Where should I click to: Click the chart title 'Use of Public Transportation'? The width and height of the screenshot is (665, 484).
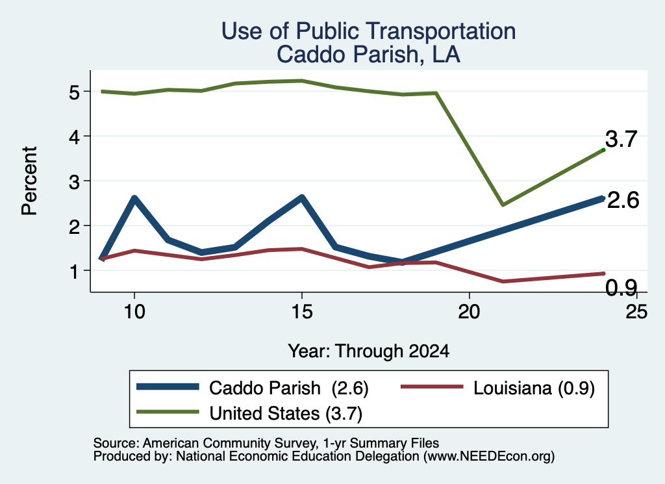[x=369, y=31]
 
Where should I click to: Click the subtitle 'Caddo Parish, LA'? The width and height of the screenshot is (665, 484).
[x=369, y=55]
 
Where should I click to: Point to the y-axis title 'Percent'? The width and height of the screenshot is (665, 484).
[x=30, y=181]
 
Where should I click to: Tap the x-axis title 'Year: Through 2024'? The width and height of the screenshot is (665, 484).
[x=369, y=351]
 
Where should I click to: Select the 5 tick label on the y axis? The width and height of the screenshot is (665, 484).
[x=74, y=92]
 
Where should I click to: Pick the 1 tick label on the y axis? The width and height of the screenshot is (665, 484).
[x=75, y=271]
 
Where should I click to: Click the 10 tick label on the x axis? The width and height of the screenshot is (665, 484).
[x=134, y=312]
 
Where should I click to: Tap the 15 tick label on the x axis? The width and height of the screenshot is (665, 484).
[x=302, y=312]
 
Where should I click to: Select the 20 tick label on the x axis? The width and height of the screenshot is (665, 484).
[x=469, y=312]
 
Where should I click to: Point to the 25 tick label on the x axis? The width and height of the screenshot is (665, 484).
[x=636, y=312]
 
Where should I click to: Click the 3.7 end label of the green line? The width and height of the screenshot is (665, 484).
[x=621, y=139]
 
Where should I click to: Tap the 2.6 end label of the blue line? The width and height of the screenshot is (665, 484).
[x=623, y=200]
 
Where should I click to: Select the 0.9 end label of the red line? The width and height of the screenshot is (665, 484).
[x=621, y=288]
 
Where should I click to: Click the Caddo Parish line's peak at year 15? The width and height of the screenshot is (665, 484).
[x=302, y=197]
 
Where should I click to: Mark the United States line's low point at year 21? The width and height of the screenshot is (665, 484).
[x=503, y=205]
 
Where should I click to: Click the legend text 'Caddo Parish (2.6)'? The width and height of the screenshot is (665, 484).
[x=289, y=388]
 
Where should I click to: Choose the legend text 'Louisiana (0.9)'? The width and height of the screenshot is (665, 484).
[x=534, y=388]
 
